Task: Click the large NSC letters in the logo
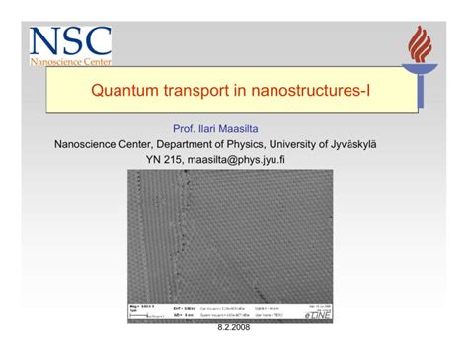tap(69, 42)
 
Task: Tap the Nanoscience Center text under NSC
tap(69, 62)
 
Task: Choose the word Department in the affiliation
tap(165, 143)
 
